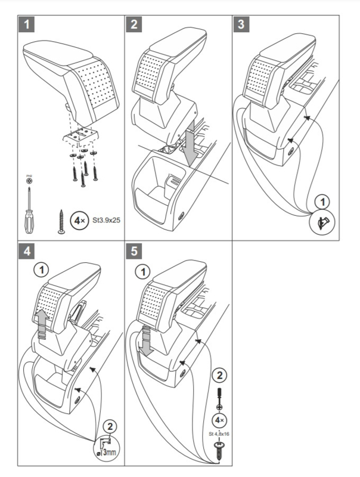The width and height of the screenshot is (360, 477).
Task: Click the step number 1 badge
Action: pyautogui.click(x=26, y=25)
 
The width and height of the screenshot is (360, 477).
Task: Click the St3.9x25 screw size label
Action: pyautogui.click(x=108, y=219)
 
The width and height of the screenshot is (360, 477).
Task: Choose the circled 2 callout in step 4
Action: pyautogui.click(x=109, y=426)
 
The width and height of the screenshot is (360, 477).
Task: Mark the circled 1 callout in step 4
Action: pyautogui.click(x=41, y=271)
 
